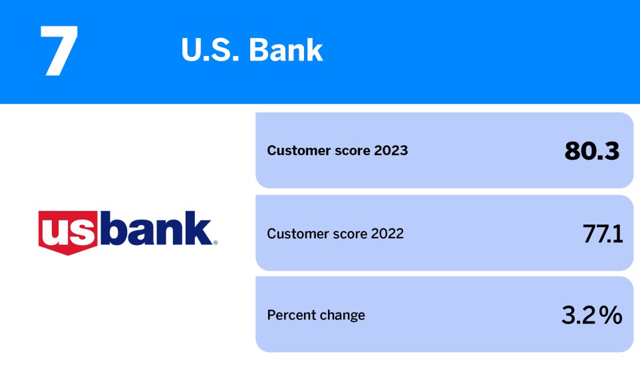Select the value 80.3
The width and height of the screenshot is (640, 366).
[x=592, y=151]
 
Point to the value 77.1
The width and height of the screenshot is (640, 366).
[x=601, y=234]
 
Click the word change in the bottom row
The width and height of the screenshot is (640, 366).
[x=343, y=315]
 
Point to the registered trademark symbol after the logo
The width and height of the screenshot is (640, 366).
[x=215, y=243]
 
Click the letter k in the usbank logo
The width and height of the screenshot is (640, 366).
[x=198, y=228]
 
